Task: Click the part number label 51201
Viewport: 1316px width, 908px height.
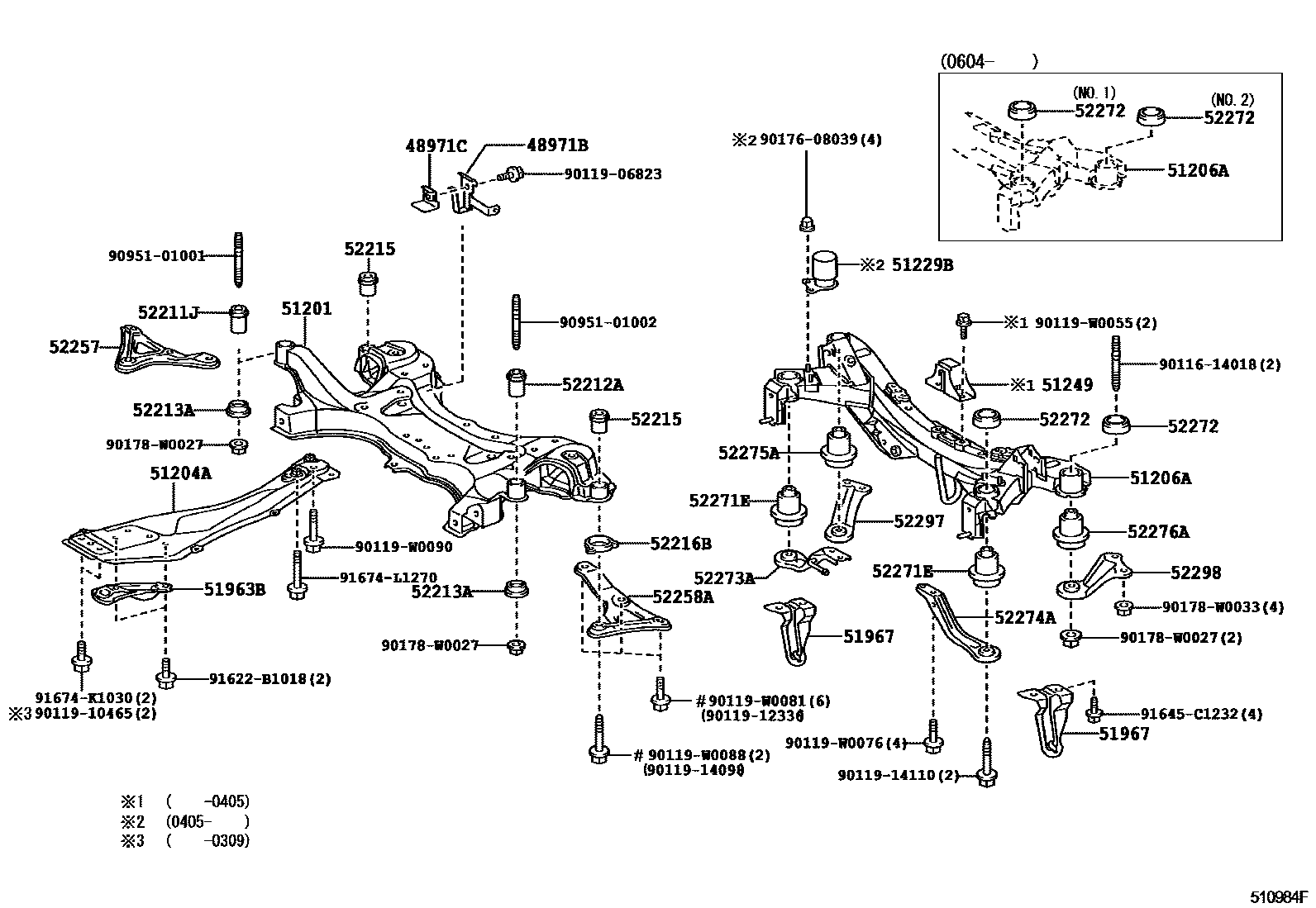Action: [x=306, y=309]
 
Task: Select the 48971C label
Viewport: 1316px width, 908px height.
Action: [x=436, y=146]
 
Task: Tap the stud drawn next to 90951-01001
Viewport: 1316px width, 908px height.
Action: [x=238, y=256]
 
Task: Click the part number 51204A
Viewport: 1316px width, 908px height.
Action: [x=180, y=473]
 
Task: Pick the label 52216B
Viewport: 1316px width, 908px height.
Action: [x=680, y=543]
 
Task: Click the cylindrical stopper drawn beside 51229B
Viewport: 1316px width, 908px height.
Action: [x=825, y=269]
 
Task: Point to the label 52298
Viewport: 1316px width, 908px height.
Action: [x=1194, y=573]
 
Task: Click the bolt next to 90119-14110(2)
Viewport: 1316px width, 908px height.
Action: [x=986, y=764]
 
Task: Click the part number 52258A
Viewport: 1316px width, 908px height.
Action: [x=682, y=597]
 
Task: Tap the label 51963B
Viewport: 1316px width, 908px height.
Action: [x=235, y=589]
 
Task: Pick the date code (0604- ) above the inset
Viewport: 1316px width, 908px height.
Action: [x=988, y=60]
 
